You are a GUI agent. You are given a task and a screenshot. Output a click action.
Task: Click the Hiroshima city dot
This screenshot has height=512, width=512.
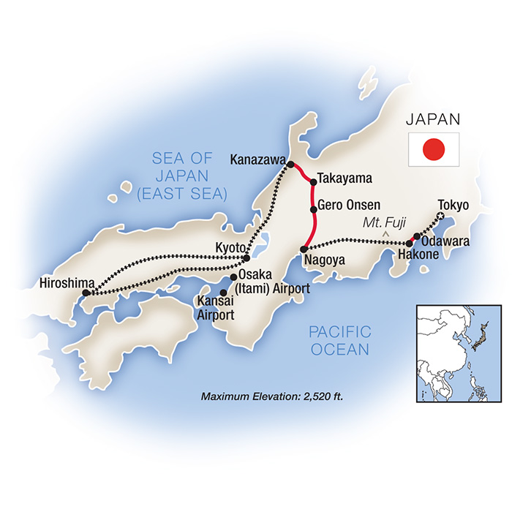coord(86,293)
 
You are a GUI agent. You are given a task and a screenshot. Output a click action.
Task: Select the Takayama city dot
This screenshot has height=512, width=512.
coord(313,181)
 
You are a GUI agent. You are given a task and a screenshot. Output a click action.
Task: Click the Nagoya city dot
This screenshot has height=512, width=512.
coord(304,250)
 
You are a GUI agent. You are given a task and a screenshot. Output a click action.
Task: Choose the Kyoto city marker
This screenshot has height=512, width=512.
coord(246,257)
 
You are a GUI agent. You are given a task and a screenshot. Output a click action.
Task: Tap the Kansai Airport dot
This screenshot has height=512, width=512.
coord(223,292)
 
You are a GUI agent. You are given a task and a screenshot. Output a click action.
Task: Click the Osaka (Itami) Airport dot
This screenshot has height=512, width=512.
coord(233,277)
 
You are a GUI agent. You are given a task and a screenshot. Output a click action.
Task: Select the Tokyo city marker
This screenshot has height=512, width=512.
coord(440,215)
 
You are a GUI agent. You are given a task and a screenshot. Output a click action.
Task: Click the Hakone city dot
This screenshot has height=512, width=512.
coord(409,244)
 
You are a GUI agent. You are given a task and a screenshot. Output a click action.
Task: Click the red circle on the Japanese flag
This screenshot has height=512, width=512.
coord(434,149)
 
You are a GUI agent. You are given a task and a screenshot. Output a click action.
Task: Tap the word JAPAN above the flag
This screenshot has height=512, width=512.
coord(434,119)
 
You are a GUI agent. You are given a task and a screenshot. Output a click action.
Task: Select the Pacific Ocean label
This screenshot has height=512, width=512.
coord(341,341)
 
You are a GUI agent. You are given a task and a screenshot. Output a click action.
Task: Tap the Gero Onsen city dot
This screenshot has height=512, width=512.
coord(314,210)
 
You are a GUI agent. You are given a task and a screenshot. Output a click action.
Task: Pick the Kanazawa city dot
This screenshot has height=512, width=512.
coord(290,165)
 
